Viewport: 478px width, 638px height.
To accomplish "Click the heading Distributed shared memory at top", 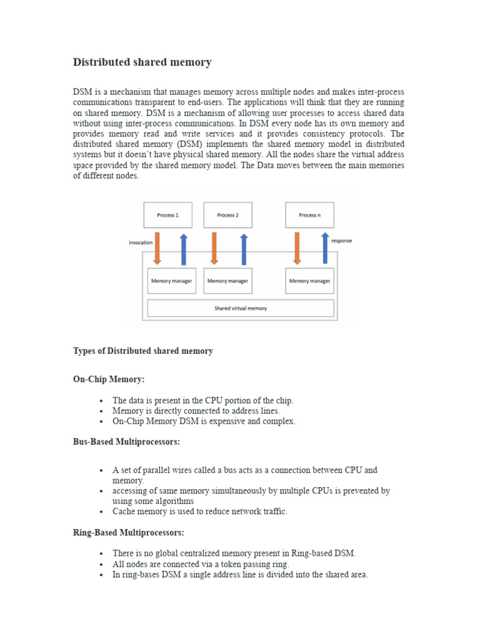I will (x=143, y=62).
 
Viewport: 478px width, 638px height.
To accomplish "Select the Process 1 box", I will (x=167, y=215).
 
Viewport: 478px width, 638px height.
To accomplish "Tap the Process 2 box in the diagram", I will (x=228, y=215).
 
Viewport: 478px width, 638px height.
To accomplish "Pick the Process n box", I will (x=309, y=215).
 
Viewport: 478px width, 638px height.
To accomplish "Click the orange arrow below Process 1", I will (x=157, y=248).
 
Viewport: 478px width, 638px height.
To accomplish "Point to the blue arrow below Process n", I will (x=324, y=248).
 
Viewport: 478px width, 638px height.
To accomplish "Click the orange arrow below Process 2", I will (x=214, y=248).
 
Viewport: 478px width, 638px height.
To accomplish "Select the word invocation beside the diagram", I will (x=141, y=242).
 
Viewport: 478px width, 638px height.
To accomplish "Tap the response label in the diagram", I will (x=341, y=240).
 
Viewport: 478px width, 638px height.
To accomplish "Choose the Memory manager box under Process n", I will (x=309, y=281).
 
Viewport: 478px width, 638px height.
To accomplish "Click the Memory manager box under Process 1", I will (x=171, y=281).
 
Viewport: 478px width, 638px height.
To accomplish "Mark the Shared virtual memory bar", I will (x=240, y=308).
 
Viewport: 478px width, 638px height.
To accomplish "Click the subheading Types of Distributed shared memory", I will (x=143, y=351).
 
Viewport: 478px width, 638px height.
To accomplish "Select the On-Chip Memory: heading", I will (x=109, y=379).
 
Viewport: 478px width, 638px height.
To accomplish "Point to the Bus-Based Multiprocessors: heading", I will (x=126, y=442).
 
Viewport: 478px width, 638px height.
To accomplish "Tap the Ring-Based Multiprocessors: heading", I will (x=128, y=533).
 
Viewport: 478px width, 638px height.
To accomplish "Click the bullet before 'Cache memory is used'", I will (x=101, y=512).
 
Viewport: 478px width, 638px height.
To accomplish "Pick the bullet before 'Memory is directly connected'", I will (x=101, y=411).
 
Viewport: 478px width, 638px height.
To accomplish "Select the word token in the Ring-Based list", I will (x=225, y=564).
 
